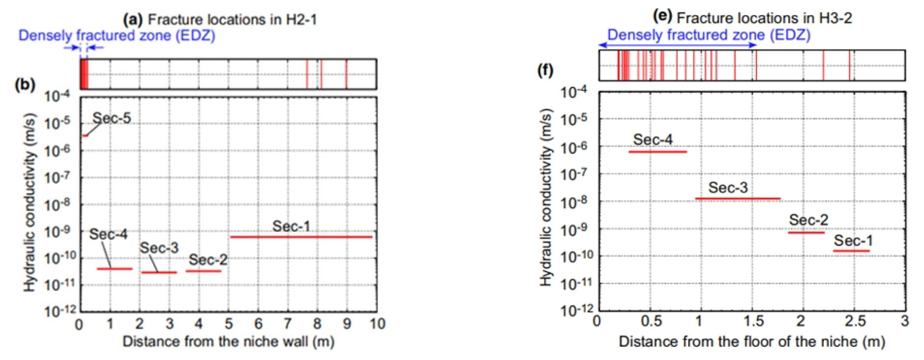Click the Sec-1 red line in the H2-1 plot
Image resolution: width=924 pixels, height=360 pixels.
click(301, 237)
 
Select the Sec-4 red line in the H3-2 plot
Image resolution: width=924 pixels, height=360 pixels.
click(657, 152)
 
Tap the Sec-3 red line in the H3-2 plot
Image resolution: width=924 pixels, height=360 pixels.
click(737, 198)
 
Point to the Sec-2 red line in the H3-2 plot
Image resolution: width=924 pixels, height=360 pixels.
click(806, 232)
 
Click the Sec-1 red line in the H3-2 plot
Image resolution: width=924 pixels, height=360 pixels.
click(851, 251)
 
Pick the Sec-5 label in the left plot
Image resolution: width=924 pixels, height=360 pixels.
click(112, 118)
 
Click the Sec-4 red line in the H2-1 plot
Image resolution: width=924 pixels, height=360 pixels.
click(114, 269)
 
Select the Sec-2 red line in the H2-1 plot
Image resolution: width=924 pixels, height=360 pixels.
click(203, 271)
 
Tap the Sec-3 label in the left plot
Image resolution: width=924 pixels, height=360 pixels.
click(159, 248)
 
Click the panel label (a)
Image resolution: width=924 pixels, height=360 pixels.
click(133, 20)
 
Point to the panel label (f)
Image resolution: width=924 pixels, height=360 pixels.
click(545, 70)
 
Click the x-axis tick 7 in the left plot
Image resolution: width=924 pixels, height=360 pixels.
click(288, 324)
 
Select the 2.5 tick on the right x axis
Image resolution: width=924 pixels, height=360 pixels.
click(855, 321)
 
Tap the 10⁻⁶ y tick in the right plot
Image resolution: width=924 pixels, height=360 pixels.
click(573, 147)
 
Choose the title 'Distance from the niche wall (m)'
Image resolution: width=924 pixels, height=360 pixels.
click(228, 342)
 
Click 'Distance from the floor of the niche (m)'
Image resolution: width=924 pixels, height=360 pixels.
click(752, 342)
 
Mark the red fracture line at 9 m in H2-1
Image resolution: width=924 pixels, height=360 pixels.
click(346, 74)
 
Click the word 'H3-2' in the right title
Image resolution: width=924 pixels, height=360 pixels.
click(835, 18)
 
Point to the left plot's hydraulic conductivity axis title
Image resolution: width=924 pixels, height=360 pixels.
click(30, 202)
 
